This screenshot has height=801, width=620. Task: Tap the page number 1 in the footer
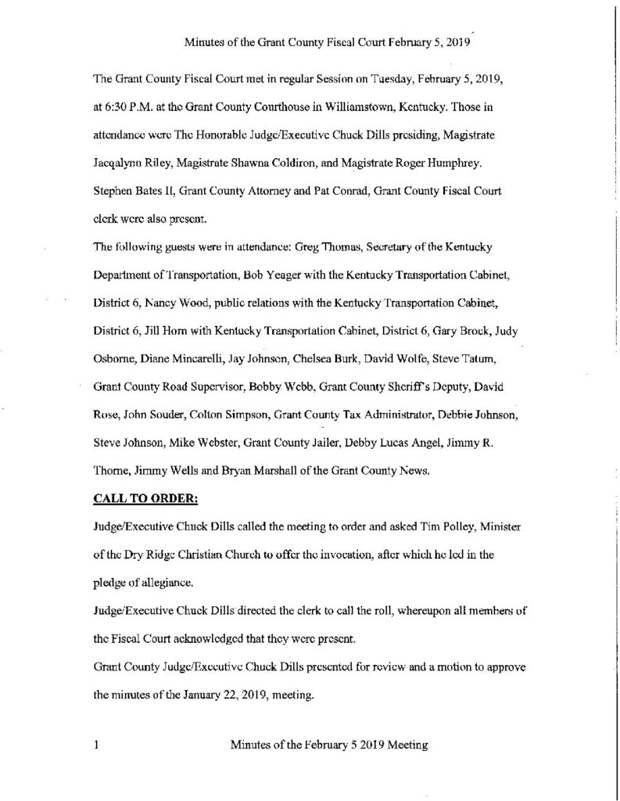(95, 745)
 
